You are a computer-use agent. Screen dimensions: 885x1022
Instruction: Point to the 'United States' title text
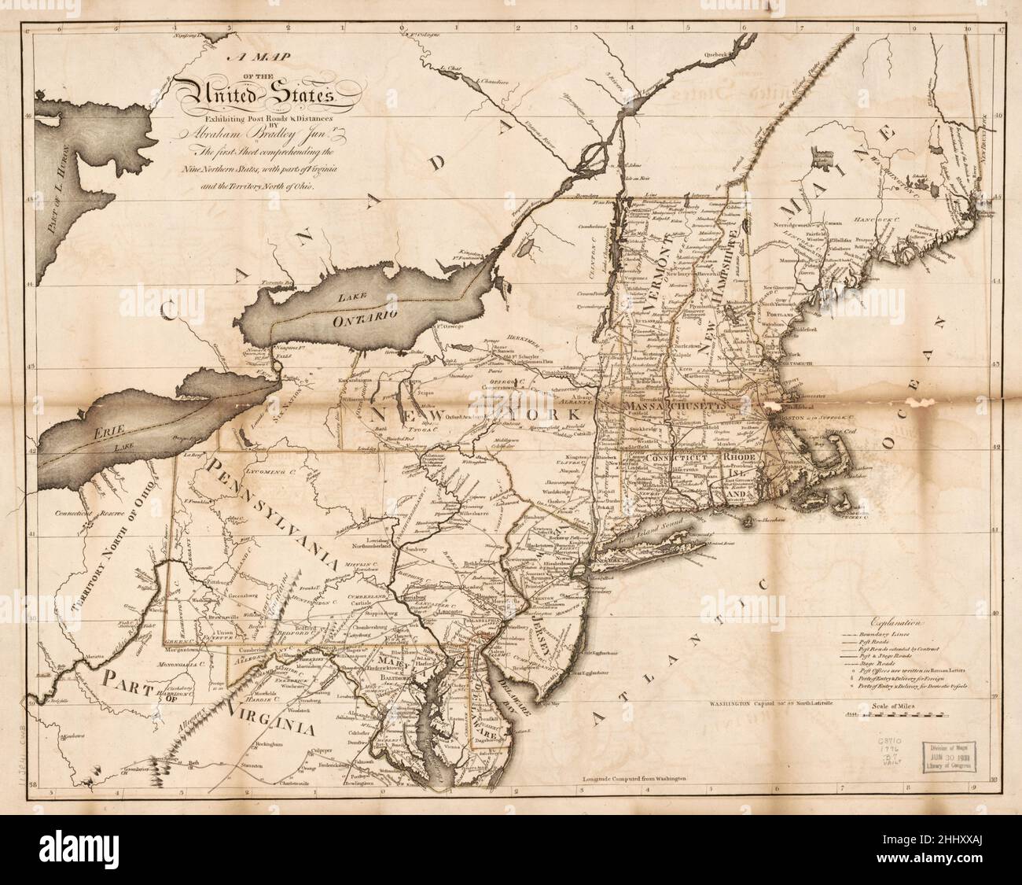pos(256,97)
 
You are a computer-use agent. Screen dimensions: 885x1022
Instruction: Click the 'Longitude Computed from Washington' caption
pos(634,777)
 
